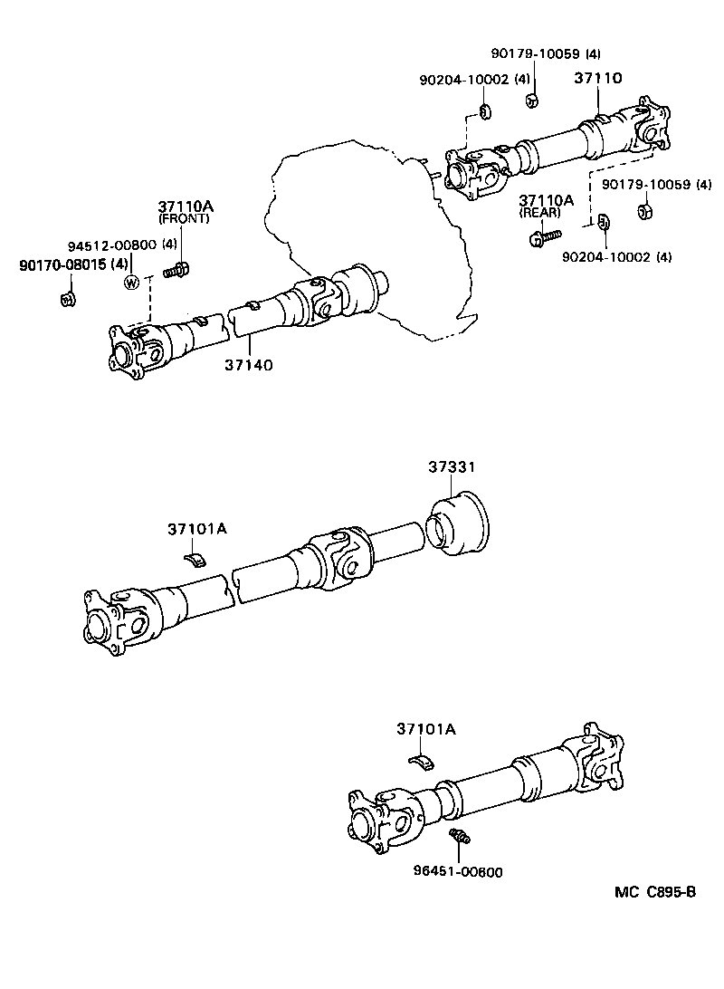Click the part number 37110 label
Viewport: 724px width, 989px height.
tap(598, 79)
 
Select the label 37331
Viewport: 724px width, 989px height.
tap(452, 467)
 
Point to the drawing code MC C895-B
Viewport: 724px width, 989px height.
tap(655, 892)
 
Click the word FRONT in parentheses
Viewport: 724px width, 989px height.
tap(184, 219)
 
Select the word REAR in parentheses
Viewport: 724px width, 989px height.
tap(539, 213)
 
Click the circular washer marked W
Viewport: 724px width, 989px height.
tap(133, 283)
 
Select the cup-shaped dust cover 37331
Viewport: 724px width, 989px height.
tap(457, 524)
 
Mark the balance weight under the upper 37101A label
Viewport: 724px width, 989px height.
tap(196, 556)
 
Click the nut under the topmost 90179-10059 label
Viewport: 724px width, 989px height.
tap(533, 99)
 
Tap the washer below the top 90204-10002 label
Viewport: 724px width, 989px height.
tap(486, 112)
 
